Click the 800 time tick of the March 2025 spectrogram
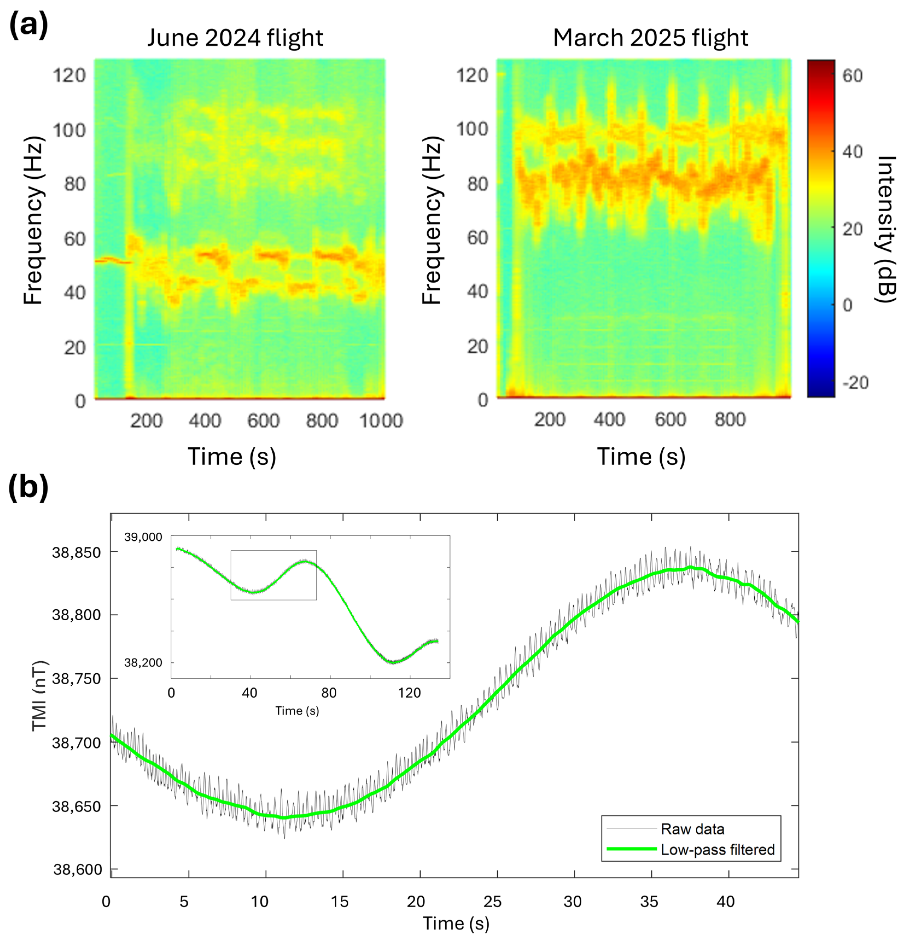click(x=730, y=420)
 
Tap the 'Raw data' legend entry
click(x=692, y=829)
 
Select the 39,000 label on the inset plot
click(x=143, y=537)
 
